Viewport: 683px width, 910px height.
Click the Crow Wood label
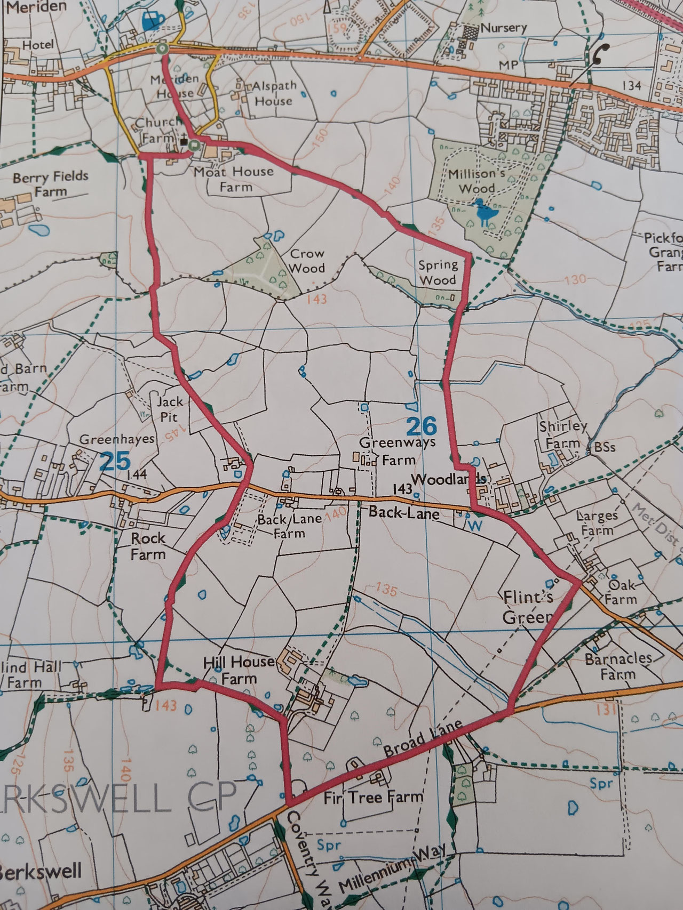(308, 260)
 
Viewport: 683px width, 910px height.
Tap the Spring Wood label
(438, 272)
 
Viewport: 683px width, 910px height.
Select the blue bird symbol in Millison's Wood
(485, 213)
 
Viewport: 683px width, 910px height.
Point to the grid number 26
(421, 426)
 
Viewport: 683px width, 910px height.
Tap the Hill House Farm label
(239, 670)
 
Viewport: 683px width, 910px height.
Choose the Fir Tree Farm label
(374, 798)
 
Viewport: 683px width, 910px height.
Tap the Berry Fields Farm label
(51, 184)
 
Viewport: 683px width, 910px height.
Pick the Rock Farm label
(148, 546)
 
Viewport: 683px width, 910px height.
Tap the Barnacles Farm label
(618, 666)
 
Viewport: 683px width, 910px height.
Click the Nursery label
(503, 28)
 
